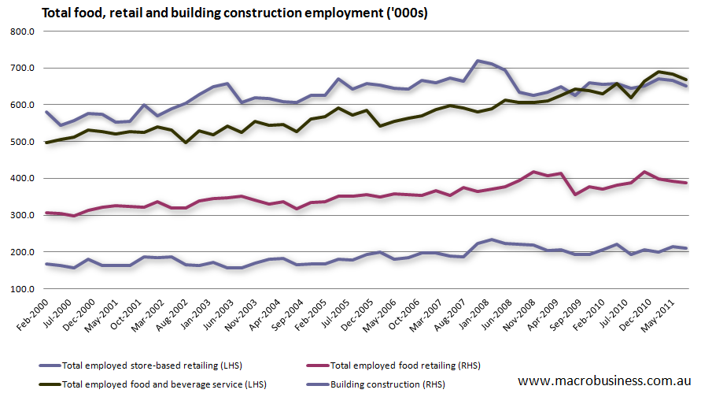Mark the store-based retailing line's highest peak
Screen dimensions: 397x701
coord(478,60)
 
